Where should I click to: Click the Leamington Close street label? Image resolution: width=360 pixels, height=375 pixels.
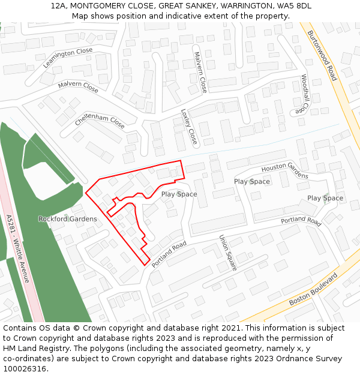click(x=68, y=58)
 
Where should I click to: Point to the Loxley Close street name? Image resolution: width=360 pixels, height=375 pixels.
click(x=189, y=127)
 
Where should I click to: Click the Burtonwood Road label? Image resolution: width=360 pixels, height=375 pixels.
click(x=322, y=56)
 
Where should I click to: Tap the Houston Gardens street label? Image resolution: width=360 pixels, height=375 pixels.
click(x=284, y=170)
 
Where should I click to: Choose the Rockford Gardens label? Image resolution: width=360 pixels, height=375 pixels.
click(x=67, y=219)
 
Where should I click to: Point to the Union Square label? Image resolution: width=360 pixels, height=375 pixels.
click(x=228, y=252)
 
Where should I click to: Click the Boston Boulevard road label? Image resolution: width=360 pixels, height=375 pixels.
click(x=314, y=289)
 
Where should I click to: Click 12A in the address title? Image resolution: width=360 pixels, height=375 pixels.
click(x=59, y=5)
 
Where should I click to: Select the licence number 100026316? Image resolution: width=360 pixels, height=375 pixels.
click(x=26, y=369)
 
